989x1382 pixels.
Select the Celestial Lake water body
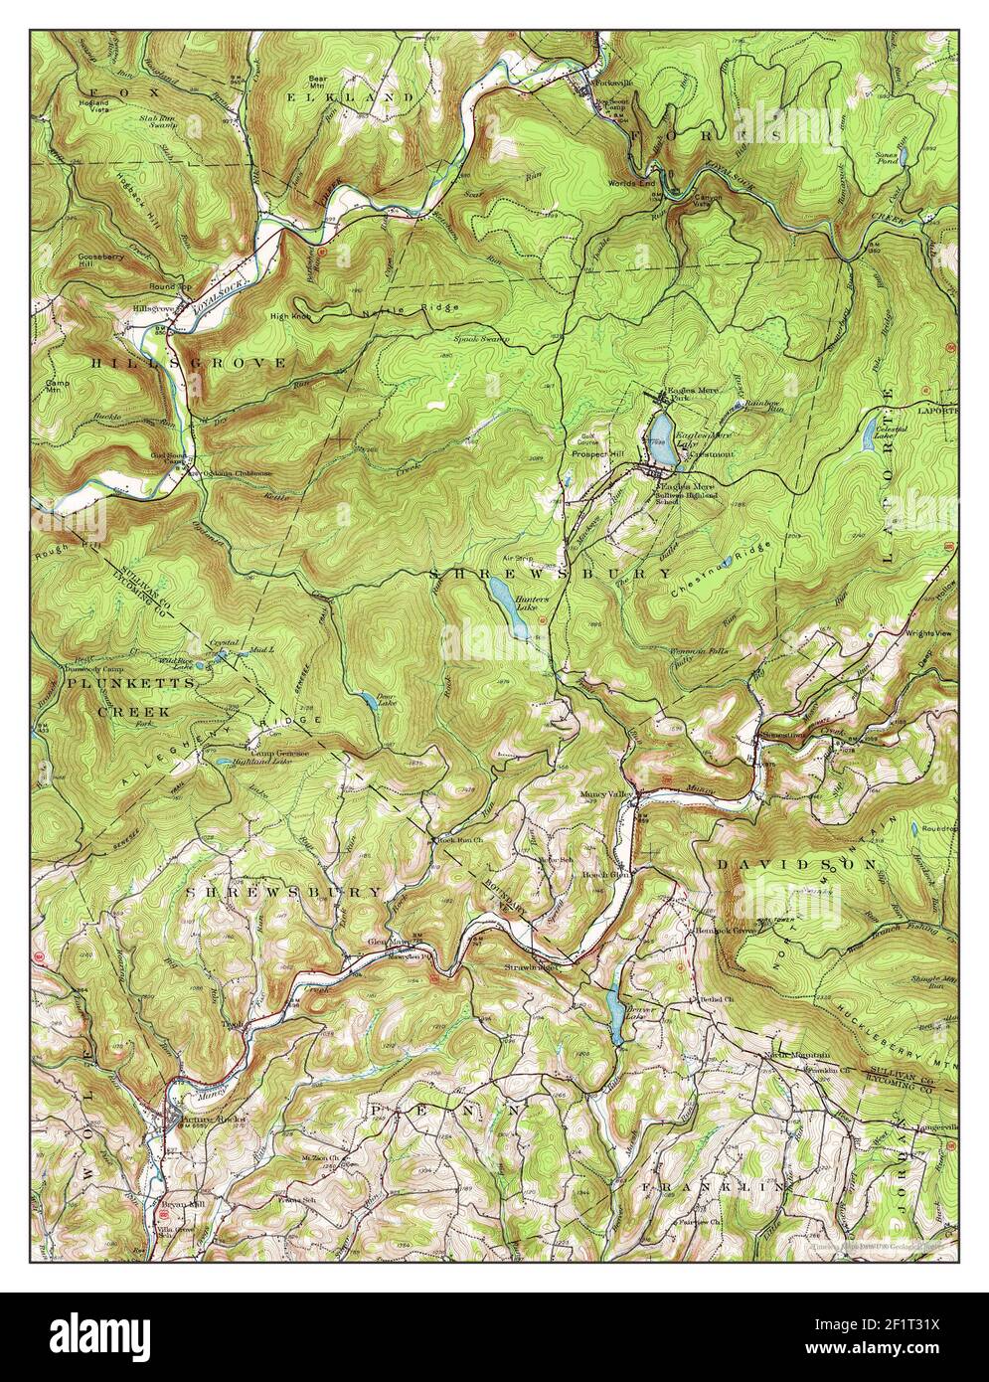pos(870,432)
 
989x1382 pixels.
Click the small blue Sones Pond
pos(904,158)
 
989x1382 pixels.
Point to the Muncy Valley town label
pos(607,795)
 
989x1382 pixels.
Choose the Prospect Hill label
pos(596,454)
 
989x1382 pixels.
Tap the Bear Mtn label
pos(318,81)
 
